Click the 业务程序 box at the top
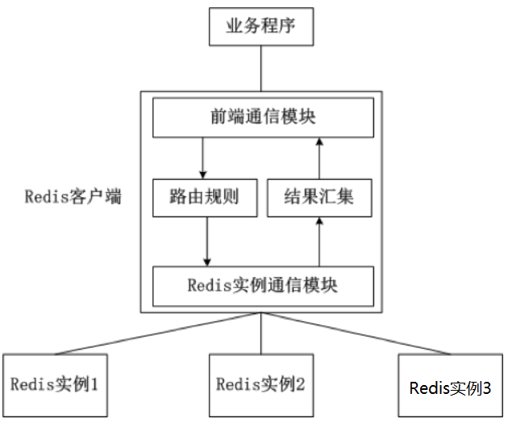click(260, 26)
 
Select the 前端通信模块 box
click(263, 118)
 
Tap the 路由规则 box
click(203, 197)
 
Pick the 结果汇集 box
click(319, 197)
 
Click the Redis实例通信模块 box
click(263, 286)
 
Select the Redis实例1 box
click(55, 383)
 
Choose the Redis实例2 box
click(260, 383)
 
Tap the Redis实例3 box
click(450, 387)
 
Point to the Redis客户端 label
click(73, 196)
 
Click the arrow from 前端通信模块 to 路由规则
click(203, 157)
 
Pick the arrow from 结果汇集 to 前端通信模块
click(319, 157)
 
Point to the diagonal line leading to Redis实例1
click(161, 335)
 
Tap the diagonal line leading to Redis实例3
click(359, 335)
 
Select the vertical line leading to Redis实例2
click(260, 334)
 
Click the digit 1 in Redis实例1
click(94, 383)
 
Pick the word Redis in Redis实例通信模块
click(206, 286)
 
